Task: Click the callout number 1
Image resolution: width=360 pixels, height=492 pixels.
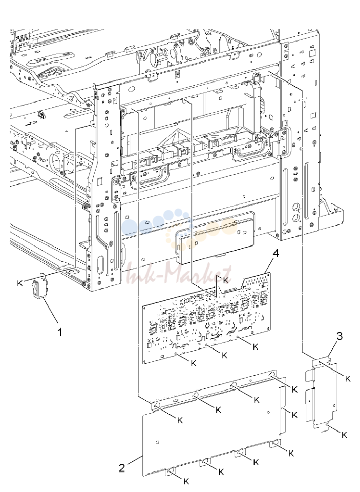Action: coord(60,332)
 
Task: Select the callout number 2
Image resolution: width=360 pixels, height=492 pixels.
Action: coord(122,468)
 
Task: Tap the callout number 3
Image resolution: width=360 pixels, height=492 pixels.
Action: coord(340,336)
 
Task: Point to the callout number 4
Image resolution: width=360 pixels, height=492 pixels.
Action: coord(276,253)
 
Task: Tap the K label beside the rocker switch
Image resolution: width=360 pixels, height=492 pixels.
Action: coord(20,283)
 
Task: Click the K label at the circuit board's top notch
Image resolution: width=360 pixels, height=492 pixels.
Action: coord(226,280)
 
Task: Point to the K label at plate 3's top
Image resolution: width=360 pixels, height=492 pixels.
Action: coord(348,379)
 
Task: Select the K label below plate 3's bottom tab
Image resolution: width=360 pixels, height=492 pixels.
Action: coord(344,435)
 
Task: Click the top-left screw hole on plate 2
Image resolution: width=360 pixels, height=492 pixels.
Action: coord(157,406)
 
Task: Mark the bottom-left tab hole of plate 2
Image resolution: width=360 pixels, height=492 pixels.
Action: coord(171,470)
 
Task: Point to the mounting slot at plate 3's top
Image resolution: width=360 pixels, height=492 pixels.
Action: coord(320,363)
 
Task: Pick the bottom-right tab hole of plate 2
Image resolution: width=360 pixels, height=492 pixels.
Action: coord(275,443)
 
